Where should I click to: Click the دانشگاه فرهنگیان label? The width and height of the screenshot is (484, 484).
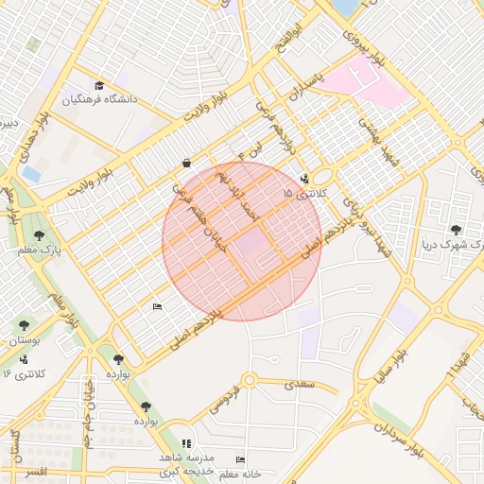101,99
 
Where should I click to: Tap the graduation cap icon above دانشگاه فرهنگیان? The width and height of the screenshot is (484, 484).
125,84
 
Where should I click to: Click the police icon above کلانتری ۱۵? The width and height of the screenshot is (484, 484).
303,179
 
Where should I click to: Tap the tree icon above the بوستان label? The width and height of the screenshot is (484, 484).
25,326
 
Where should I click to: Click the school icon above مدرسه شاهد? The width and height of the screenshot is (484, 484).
185,442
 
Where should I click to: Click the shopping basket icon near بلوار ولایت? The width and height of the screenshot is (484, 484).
187,163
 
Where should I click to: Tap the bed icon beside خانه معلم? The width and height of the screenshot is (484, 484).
241,459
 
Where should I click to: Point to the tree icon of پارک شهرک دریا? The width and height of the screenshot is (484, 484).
456,229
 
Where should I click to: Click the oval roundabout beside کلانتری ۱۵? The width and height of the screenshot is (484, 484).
322,175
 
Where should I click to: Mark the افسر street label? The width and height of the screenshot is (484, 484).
35,471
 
